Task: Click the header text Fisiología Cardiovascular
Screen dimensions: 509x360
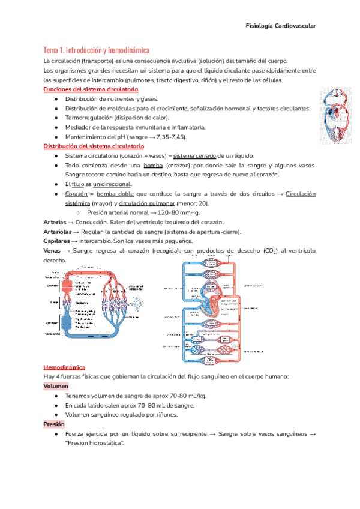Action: [x=281, y=26]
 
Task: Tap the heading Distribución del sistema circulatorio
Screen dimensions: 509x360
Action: [x=94, y=146]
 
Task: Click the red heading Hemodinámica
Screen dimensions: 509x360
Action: [x=65, y=366]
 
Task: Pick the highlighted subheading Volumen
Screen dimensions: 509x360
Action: [x=56, y=386]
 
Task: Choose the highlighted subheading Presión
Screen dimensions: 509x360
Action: [x=54, y=424]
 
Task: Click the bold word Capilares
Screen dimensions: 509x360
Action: [x=57, y=241]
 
